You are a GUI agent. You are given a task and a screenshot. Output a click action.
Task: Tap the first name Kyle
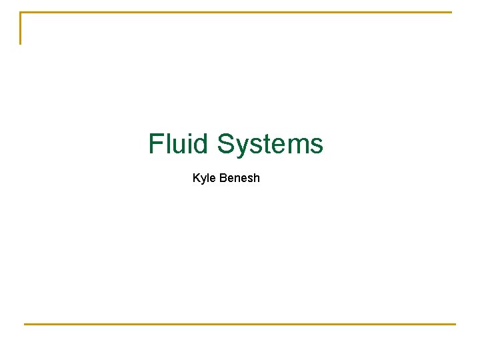coord(204,179)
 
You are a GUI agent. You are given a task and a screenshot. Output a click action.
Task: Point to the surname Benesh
coord(239,178)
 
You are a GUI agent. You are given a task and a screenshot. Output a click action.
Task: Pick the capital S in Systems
coord(227,143)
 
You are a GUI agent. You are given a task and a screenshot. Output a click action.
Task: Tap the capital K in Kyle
coord(196,178)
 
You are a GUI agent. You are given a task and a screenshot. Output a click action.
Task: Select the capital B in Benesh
coord(223,178)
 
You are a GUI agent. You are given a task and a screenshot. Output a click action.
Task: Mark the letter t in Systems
coord(269,144)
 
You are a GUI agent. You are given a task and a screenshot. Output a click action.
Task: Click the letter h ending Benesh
coord(256,178)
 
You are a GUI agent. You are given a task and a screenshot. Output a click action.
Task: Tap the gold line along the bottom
coord(240,324)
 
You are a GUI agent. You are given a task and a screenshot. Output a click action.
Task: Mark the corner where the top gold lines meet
coord(21,12)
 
